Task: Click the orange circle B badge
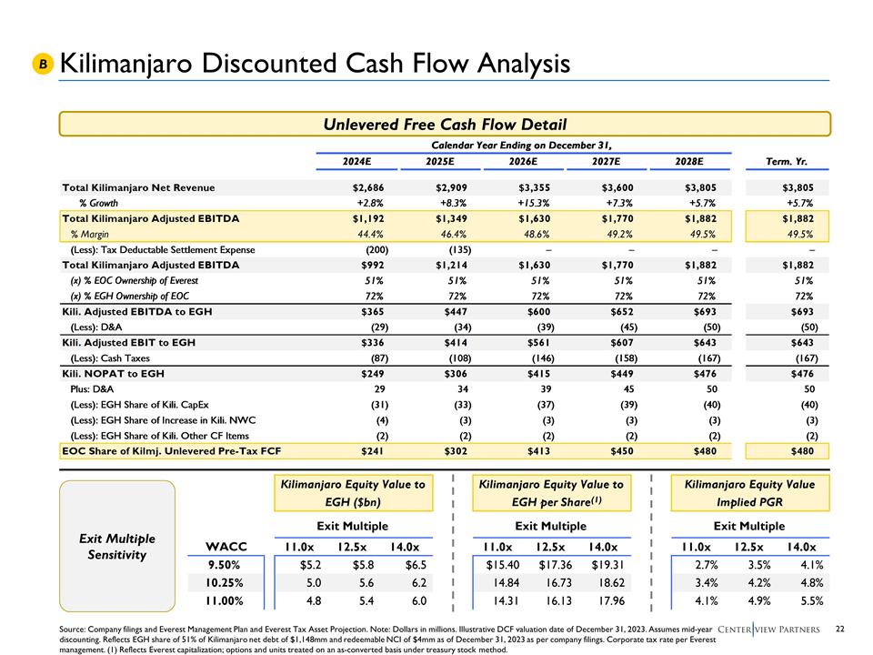pyautogui.click(x=42, y=64)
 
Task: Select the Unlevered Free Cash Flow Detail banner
pyautogui.click(x=446, y=124)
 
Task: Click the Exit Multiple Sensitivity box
pyautogui.click(x=116, y=546)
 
